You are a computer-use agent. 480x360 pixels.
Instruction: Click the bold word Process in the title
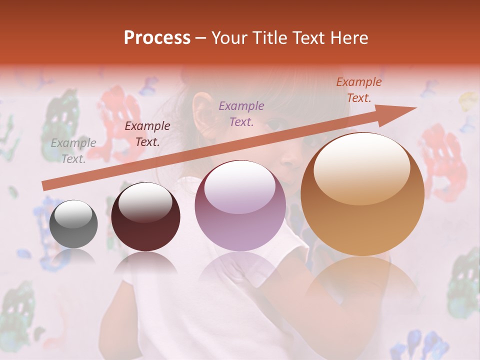(x=157, y=38)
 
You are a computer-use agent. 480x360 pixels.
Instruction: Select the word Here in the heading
(x=350, y=38)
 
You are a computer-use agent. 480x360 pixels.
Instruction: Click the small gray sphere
(x=74, y=224)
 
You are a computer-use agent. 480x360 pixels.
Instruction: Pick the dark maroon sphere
(x=145, y=217)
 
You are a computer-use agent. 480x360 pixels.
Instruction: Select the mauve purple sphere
(x=240, y=206)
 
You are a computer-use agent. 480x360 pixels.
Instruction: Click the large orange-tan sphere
(x=362, y=195)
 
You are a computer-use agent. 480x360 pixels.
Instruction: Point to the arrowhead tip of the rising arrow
(x=415, y=107)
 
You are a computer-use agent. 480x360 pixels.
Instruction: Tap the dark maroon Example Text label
(x=147, y=134)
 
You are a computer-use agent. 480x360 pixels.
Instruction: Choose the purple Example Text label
(x=241, y=113)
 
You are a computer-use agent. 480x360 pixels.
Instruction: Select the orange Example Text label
(x=359, y=90)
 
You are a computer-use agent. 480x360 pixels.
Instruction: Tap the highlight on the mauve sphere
(x=240, y=188)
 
